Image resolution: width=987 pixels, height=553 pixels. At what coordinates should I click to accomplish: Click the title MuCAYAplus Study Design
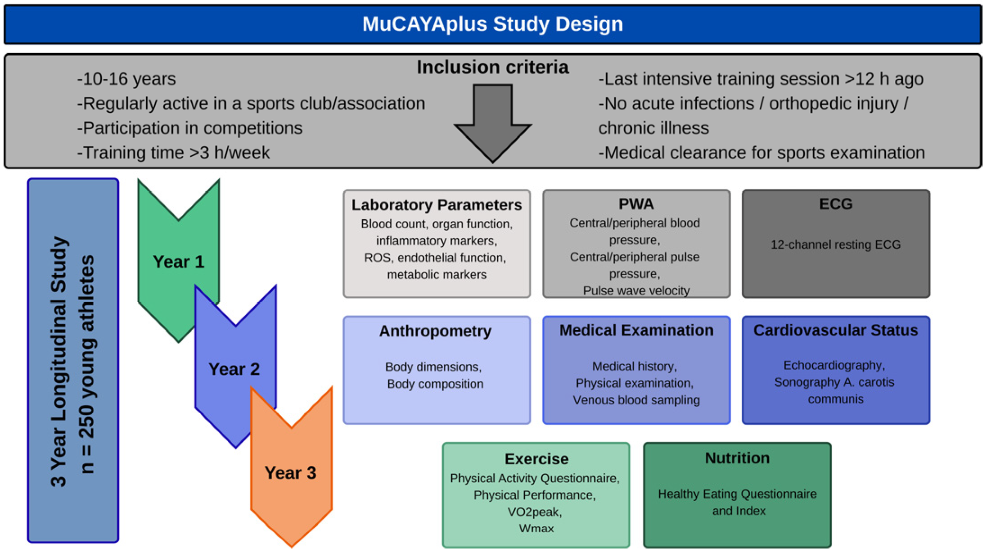point(493,24)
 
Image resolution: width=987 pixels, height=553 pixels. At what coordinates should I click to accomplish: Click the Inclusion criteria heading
point(492,67)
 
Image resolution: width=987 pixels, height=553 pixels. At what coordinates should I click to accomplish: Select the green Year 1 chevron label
point(179,262)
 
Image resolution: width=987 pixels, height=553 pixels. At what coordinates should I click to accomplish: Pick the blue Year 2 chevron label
point(234,369)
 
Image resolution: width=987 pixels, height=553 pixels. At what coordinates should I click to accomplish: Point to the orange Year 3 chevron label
point(290,473)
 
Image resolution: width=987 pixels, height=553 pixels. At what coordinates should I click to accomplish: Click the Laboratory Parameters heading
point(437,205)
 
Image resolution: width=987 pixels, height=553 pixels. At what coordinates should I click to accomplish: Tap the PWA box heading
point(636,204)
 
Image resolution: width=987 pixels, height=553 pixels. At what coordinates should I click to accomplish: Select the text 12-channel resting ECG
point(835,245)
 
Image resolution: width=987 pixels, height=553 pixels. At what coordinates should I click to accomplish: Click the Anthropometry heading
point(435,331)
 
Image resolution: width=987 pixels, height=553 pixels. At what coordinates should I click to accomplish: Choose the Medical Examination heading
point(636,330)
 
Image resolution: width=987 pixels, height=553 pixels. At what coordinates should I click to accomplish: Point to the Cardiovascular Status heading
point(835,330)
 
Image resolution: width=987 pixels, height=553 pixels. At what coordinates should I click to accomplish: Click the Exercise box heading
point(536,459)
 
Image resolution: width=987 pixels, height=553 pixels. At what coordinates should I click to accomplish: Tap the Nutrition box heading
point(737,458)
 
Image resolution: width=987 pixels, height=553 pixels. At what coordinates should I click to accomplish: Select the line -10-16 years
point(126,79)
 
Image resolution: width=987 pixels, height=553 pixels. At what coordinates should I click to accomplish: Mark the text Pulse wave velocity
point(636,290)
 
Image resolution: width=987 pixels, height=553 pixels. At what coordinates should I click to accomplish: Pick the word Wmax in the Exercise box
point(536,528)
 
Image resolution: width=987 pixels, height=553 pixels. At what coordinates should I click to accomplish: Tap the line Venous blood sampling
point(636,400)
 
